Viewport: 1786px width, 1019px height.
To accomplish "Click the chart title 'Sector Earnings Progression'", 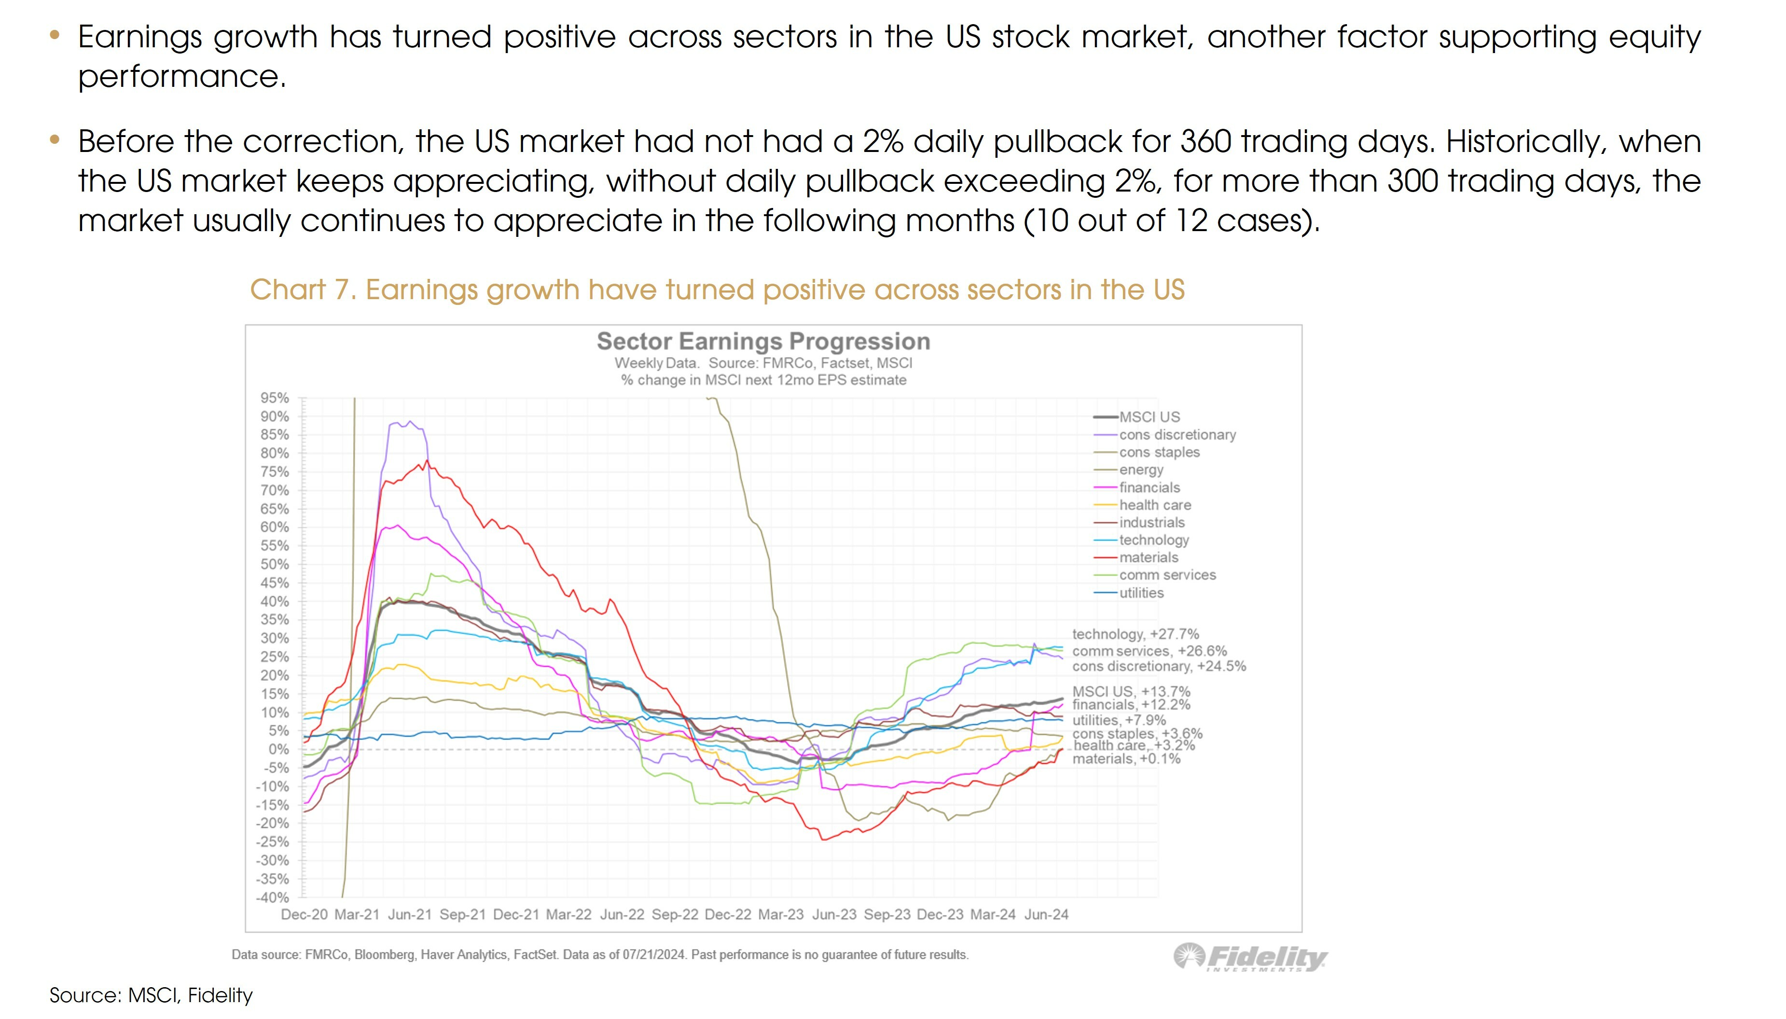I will [763, 342].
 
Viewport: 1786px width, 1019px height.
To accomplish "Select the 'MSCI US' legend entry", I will [1149, 417].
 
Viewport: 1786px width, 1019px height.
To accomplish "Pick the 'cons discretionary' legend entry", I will [1177, 435].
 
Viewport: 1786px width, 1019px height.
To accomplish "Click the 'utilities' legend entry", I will [1141, 593].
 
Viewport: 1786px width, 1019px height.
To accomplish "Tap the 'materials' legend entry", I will [1149, 558].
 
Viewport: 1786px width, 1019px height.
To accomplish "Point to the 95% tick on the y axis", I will [274, 398].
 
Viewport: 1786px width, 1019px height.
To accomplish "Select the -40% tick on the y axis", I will [272, 897].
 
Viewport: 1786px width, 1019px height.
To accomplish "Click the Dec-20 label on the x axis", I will [304, 915].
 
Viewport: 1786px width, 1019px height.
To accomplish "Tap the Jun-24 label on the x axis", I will [1046, 915].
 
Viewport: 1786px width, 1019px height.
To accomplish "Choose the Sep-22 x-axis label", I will [675, 915].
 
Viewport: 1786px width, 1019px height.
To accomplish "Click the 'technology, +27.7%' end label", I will [1135, 634].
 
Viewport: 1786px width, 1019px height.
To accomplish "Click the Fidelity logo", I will [1250, 957].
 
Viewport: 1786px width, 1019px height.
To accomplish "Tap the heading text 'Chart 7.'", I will [303, 290].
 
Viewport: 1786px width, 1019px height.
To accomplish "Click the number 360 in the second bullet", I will [1205, 142].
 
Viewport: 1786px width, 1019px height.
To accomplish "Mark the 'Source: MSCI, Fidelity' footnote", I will [151, 995].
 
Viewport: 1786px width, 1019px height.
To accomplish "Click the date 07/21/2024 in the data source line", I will [653, 955].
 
